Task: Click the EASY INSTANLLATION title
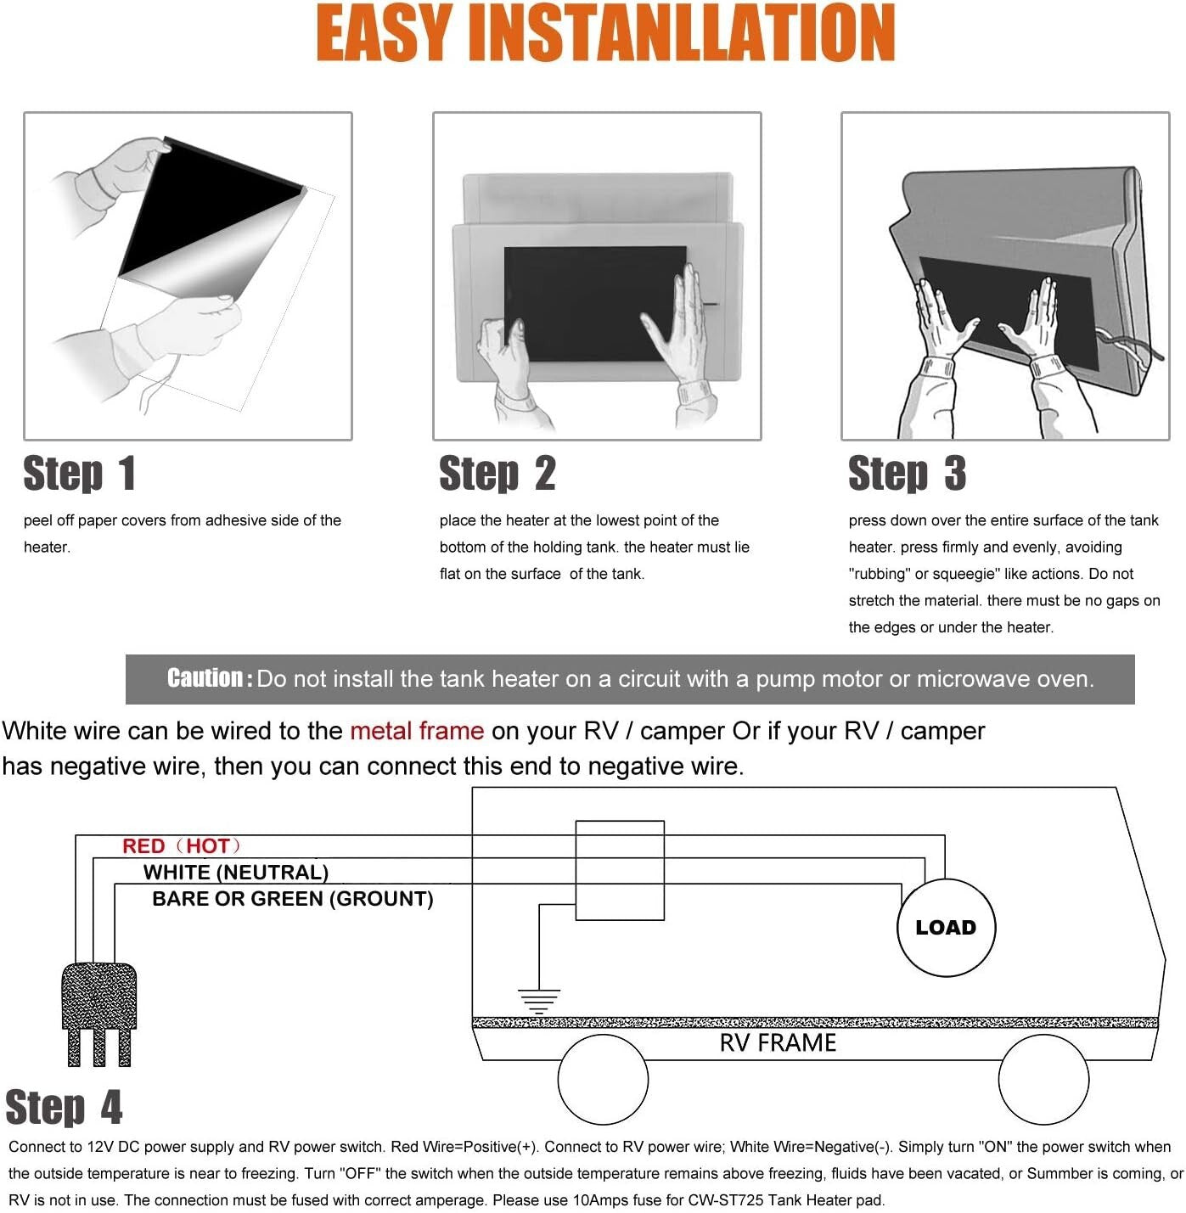(x=605, y=34)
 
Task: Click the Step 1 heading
(x=79, y=474)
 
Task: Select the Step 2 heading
(x=497, y=474)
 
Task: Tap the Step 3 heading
(x=907, y=474)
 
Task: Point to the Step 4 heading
(x=64, y=1108)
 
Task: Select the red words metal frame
(x=416, y=731)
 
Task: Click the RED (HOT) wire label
(x=182, y=846)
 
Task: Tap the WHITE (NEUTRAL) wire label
(x=235, y=873)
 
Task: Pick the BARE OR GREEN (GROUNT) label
(x=292, y=899)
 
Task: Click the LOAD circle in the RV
(x=946, y=928)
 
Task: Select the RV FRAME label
(x=778, y=1043)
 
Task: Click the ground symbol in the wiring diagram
(x=539, y=1001)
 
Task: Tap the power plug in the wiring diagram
(x=99, y=1010)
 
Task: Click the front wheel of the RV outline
(x=1043, y=1080)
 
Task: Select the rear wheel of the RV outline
(x=603, y=1080)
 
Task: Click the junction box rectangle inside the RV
(x=620, y=870)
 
